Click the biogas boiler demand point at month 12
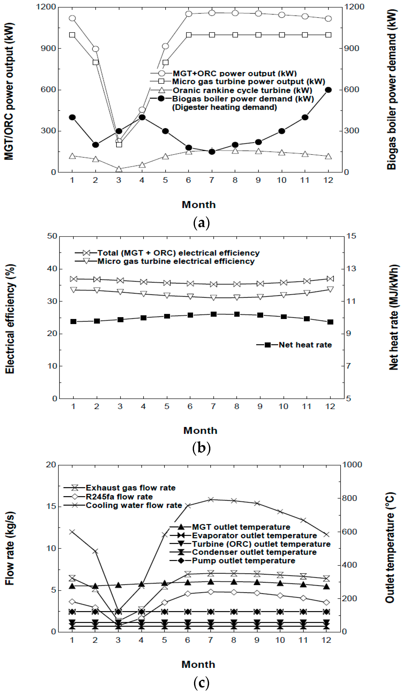[x=328, y=90]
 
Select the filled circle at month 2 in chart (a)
[x=95, y=145]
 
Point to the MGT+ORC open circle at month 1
[x=72, y=18]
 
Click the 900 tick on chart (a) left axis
[x=48, y=48]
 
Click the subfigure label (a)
[x=201, y=223]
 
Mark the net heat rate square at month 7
[x=213, y=314]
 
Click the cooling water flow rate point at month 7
[x=211, y=499]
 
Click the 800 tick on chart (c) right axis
[x=349, y=498]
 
